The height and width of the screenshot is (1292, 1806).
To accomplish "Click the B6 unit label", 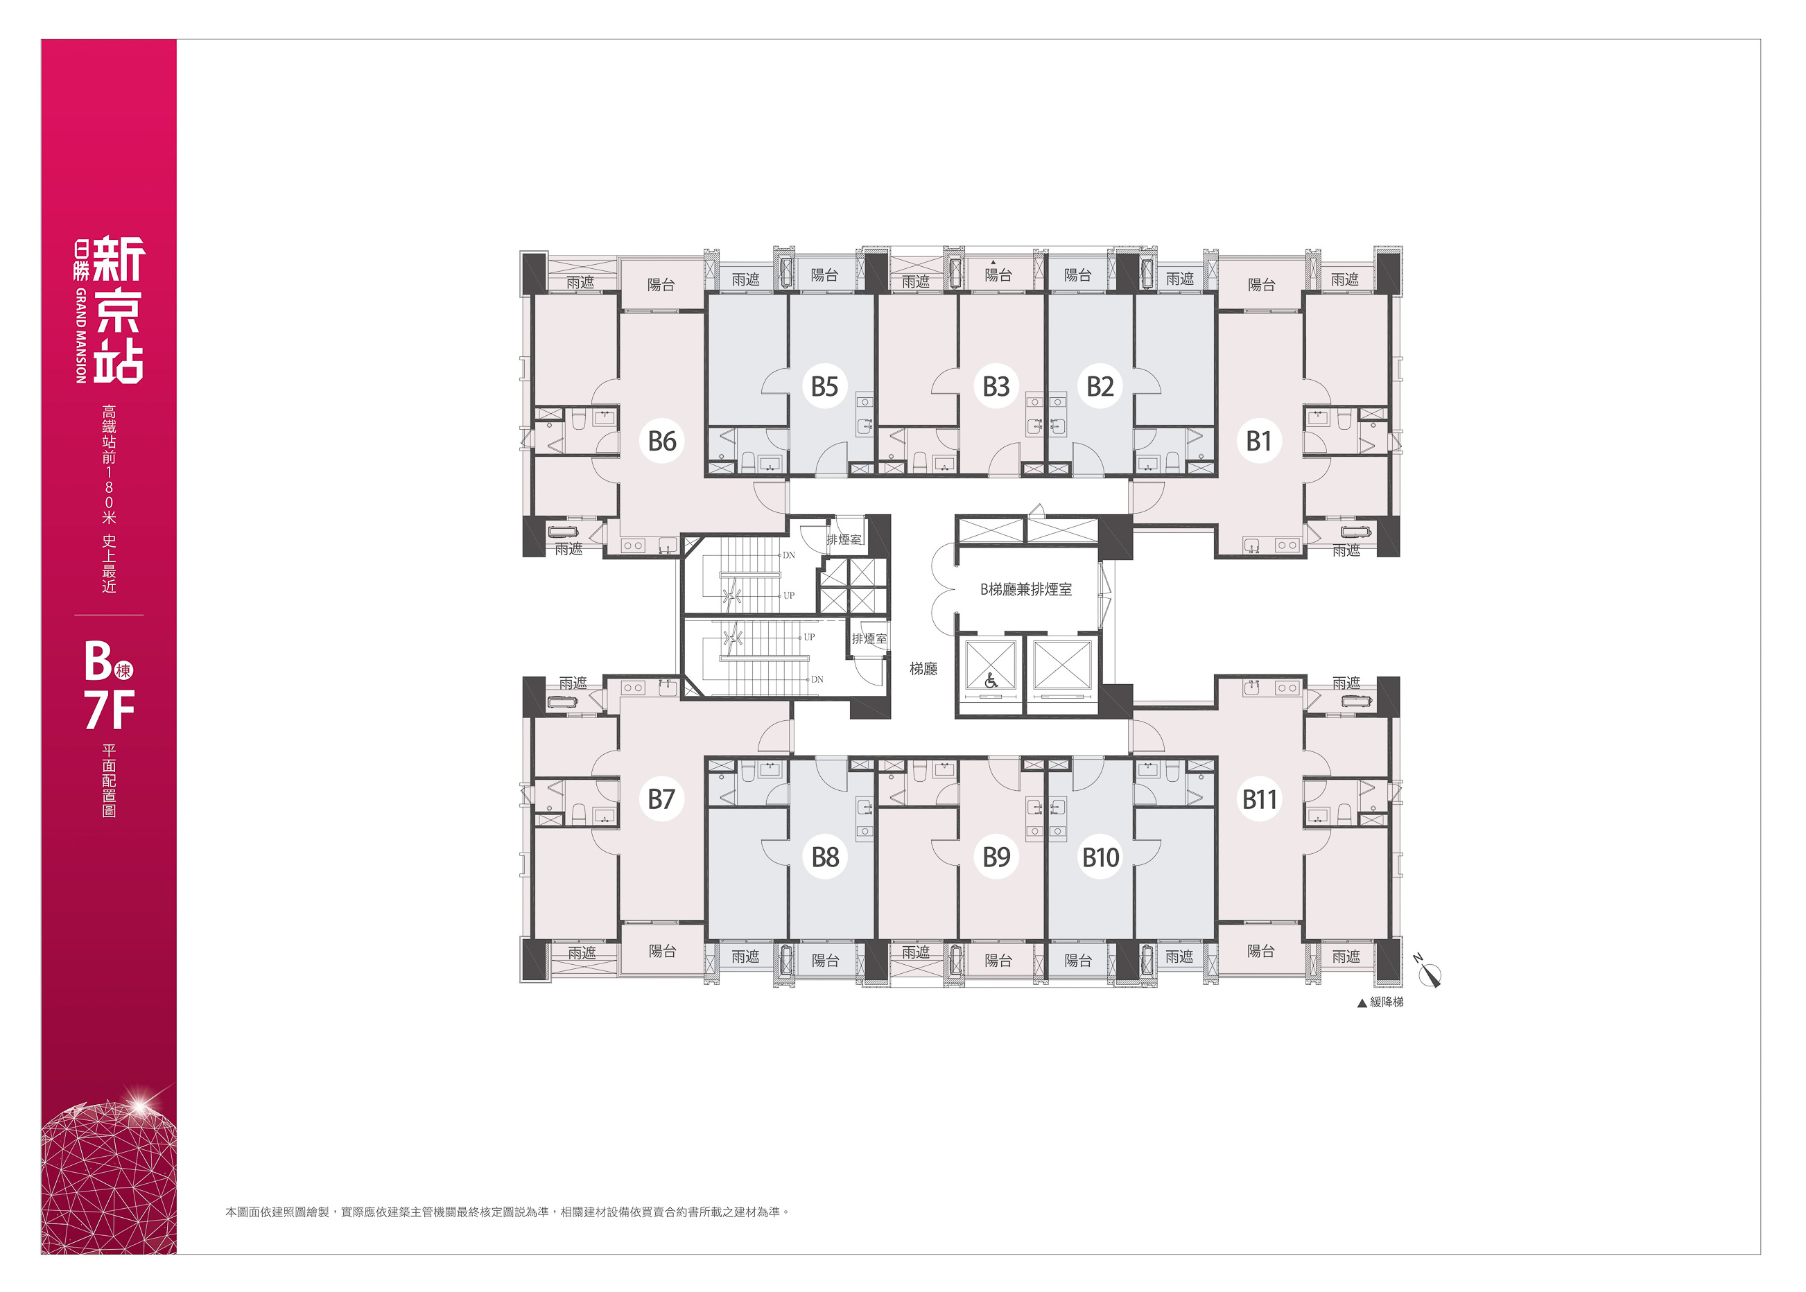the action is click(662, 441).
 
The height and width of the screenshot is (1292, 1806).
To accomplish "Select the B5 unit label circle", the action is click(824, 387).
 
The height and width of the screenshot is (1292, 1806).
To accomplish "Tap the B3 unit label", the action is click(996, 387).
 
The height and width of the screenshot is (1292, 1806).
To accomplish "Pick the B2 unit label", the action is click(1100, 387).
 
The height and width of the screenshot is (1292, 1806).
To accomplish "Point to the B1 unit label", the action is click(1258, 441).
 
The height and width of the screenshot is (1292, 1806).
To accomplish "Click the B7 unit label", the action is click(662, 798).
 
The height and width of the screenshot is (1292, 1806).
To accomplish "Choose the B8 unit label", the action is click(825, 857).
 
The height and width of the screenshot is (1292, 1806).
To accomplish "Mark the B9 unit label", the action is click(996, 857).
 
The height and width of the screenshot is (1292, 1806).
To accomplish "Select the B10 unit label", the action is click(1100, 857).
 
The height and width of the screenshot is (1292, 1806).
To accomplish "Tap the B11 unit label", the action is click(1260, 798).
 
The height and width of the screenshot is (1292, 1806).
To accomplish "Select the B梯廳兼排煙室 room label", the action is click(1025, 590).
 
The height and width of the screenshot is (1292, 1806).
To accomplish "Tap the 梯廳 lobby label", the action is click(923, 669).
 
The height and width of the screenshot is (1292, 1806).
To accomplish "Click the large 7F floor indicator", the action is click(110, 710).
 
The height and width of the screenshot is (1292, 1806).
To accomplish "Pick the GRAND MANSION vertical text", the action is click(80, 335).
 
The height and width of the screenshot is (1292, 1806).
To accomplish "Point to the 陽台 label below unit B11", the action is click(1261, 951).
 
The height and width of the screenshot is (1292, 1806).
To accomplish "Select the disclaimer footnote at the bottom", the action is click(507, 1212).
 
